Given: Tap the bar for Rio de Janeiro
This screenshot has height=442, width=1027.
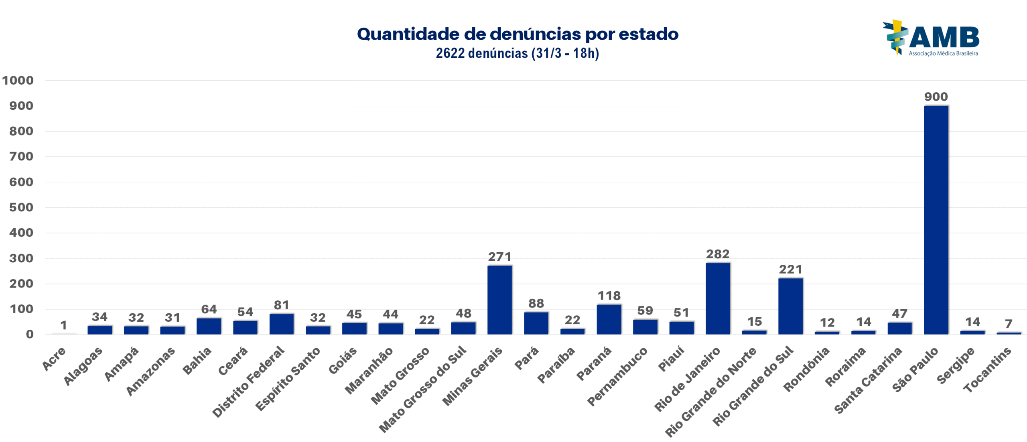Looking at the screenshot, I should pyautogui.click(x=718, y=298).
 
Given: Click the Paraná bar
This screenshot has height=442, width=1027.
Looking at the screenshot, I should pyautogui.click(x=609, y=319).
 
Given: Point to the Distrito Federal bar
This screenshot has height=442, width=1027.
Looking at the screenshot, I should pyautogui.click(x=281, y=324).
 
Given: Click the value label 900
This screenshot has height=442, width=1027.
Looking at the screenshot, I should pyautogui.click(x=936, y=97).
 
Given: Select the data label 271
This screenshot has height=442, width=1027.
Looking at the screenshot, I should pyautogui.click(x=499, y=257).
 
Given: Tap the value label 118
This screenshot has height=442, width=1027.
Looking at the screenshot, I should pyautogui.click(x=609, y=296).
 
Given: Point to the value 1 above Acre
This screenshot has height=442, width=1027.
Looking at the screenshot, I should pyautogui.click(x=63, y=325).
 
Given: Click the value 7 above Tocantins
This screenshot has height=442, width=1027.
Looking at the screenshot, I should pyautogui.click(x=1009, y=324).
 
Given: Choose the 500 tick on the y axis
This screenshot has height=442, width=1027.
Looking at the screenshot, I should pyautogui.click(x=21, y=207).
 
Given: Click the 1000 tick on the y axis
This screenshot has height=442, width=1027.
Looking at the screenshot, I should pyautogui.click(x=18, y=80).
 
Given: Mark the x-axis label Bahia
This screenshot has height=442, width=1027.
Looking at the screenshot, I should pyautogui.click(x=197, y=361).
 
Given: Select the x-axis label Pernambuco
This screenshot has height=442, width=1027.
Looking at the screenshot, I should pyautogui.click(x=617, y=376).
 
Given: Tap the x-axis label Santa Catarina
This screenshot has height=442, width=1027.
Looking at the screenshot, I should pyautogui.click(x=868, y=380).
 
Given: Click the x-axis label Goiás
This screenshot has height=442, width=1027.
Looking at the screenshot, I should pyautogui.click(x=343, y=360).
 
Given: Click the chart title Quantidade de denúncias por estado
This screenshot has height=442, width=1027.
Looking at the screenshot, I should pyautogui.click(x=518, y=34).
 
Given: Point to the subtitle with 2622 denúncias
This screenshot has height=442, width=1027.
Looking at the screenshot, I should pyautogui.click(x=518, y=53).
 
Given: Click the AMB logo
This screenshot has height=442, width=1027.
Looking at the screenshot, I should pyautogui.click(x=931, y=38).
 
